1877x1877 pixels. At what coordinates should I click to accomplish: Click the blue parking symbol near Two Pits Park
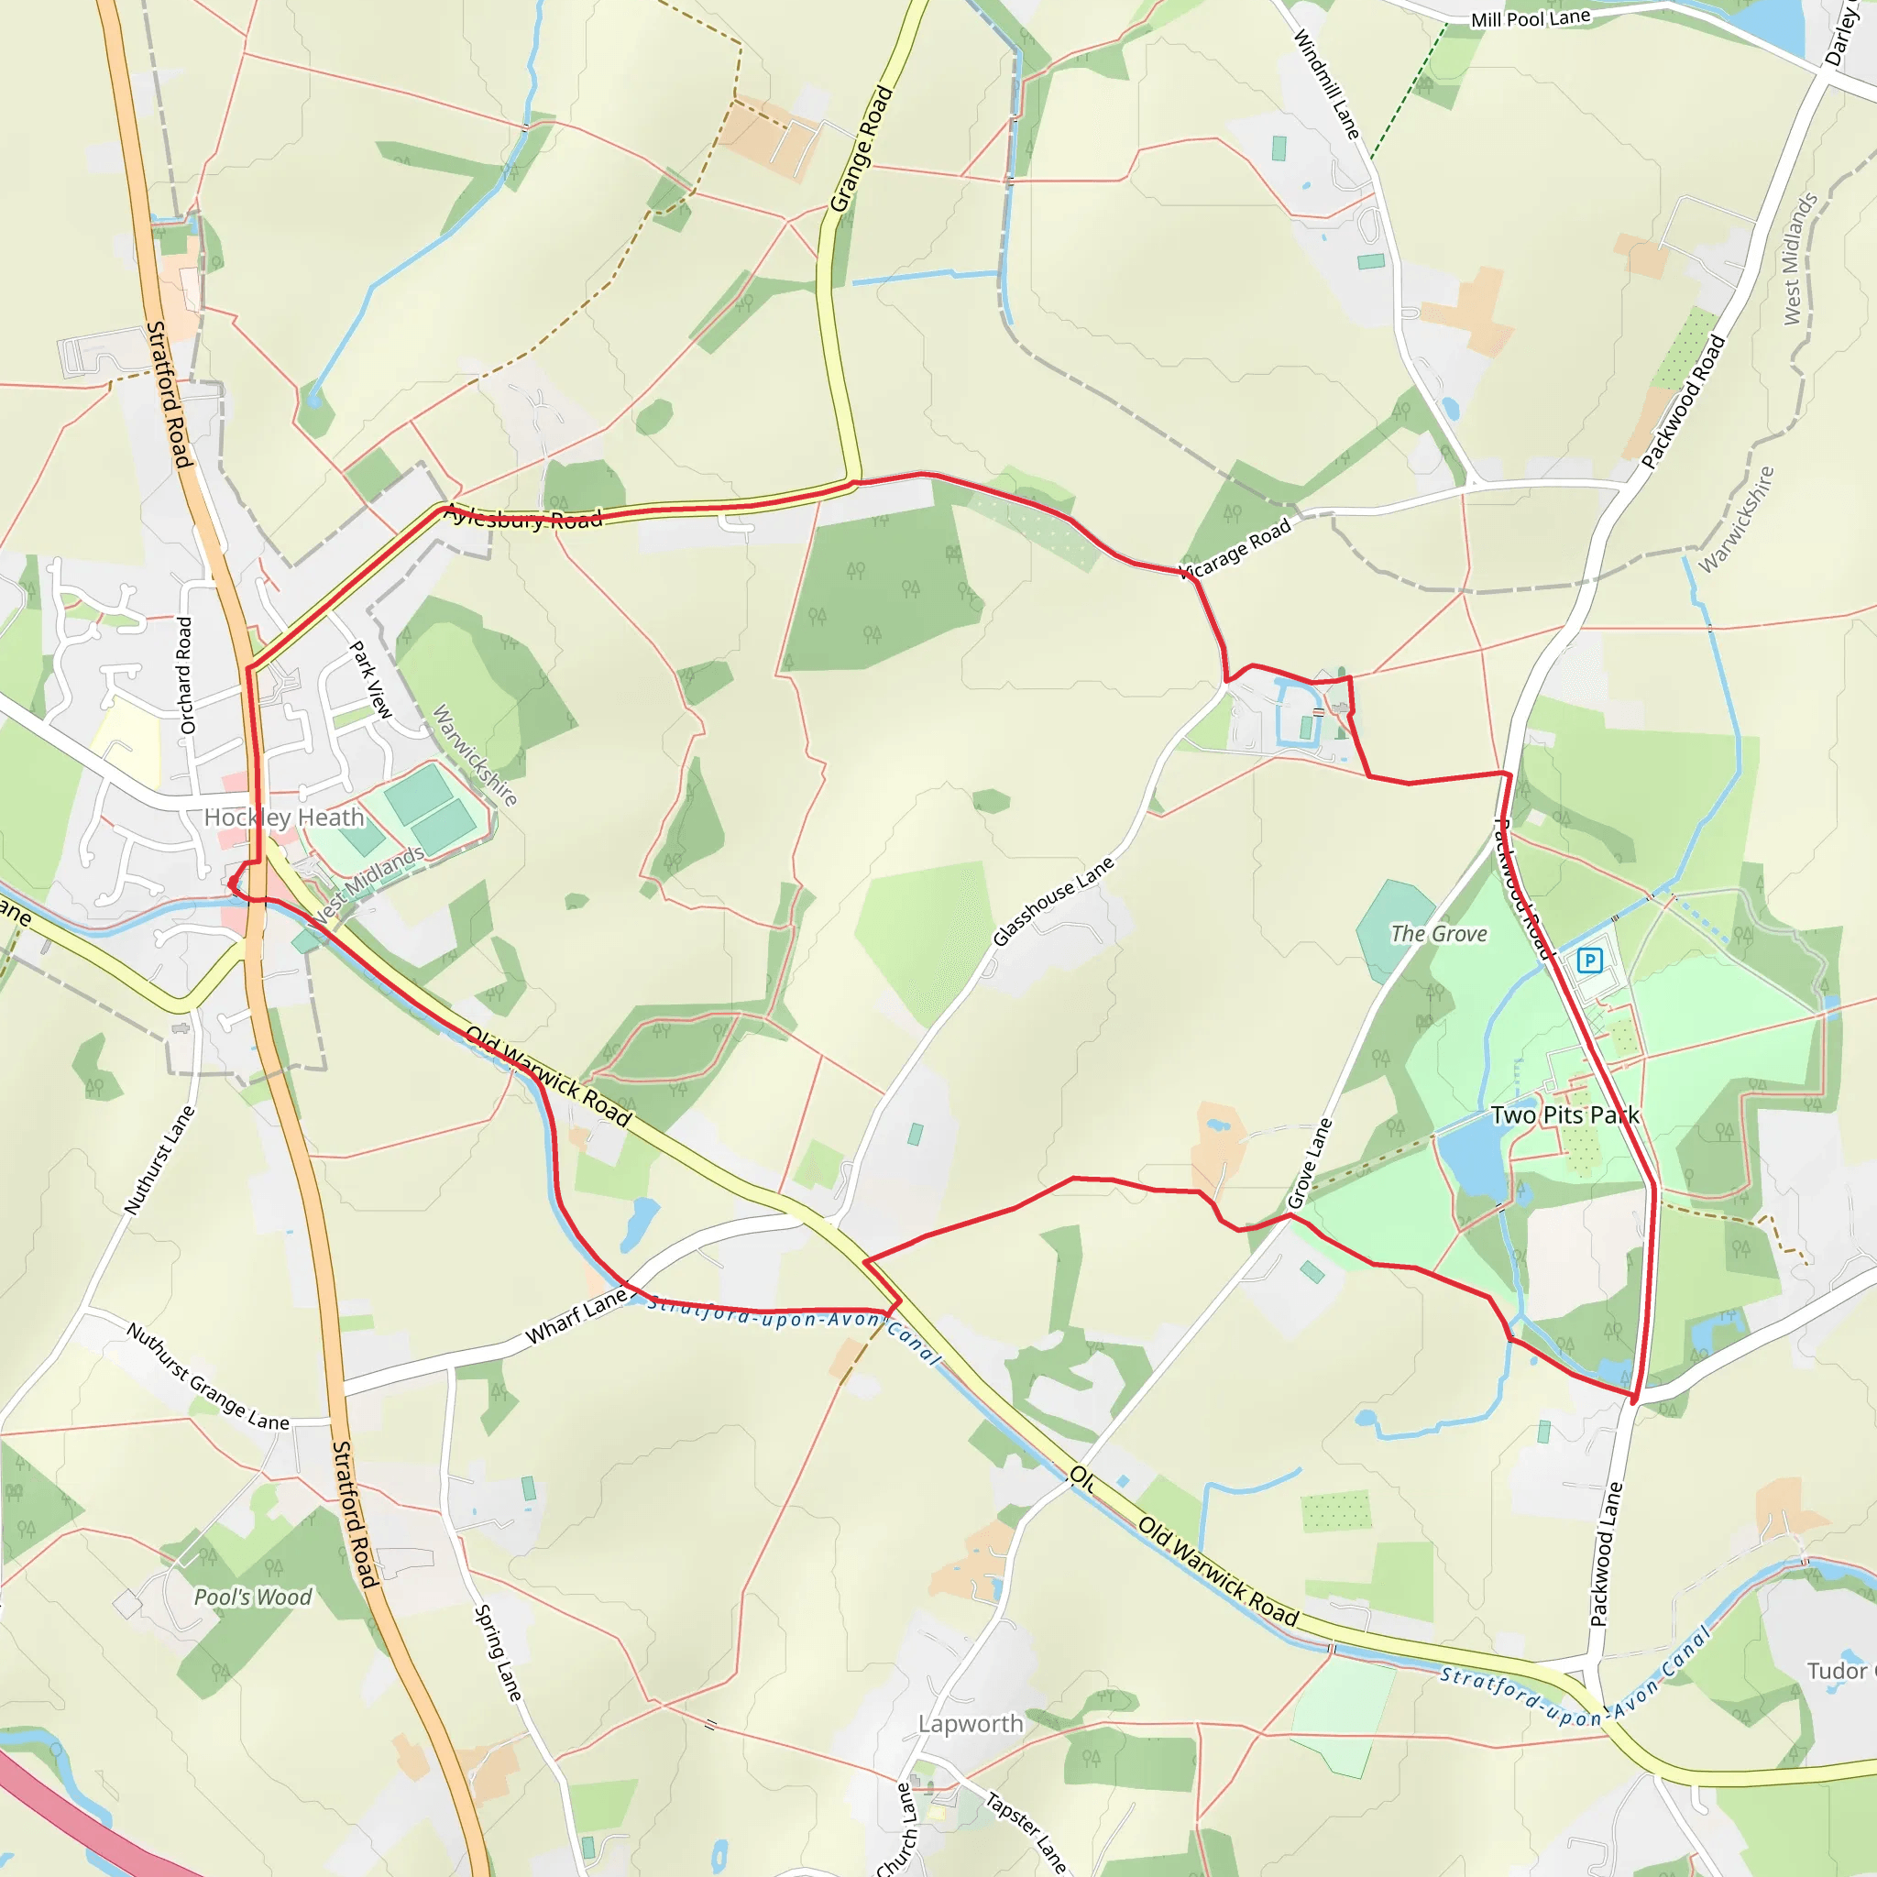point(1588,960)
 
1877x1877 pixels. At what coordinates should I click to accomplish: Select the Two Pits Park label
point(1564,1114)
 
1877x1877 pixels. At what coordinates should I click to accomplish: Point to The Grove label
point(1438,934)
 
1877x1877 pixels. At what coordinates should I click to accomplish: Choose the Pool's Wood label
point(253,1597)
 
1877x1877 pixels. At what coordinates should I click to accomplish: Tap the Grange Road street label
point(861,148)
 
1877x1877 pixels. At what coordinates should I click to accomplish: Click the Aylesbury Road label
point(522,517)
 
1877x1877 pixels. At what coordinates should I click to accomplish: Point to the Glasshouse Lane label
point(1053,902)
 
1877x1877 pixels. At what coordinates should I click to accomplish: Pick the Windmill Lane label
point(1326,83)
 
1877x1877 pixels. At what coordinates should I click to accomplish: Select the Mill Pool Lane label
point(1531,18)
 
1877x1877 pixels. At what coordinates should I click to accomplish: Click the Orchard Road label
point(185,675)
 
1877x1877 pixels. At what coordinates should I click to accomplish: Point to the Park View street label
point(370,679)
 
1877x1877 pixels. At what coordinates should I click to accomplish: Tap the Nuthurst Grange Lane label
point(208,1376)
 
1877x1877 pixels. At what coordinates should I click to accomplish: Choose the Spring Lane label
point(499,1652)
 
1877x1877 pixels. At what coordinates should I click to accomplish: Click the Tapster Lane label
point(1026,1831)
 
